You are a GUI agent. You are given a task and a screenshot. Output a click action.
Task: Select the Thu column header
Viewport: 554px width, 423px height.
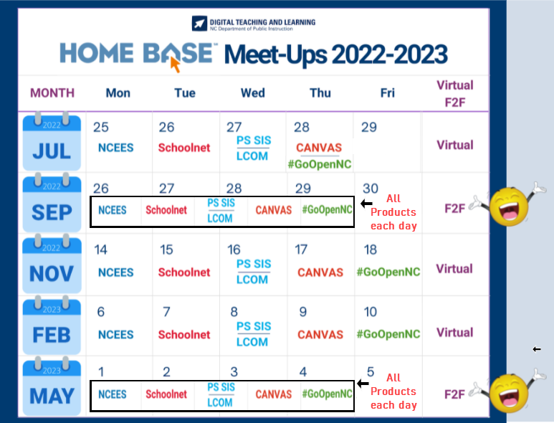coord(320,92)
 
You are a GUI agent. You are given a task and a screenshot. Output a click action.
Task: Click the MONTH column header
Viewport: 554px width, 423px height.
coord(52,92)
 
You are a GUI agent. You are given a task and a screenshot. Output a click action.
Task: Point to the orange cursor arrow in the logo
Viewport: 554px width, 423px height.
coord(175,65)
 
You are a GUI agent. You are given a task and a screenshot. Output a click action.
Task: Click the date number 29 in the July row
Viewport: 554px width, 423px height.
coord(369,127)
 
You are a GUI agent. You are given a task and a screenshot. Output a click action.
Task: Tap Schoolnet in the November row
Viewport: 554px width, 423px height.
coord(184,272)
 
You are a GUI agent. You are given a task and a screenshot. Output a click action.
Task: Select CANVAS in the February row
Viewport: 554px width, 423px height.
coord(320,335)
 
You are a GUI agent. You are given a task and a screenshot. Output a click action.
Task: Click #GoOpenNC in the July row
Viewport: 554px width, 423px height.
coord(320,164)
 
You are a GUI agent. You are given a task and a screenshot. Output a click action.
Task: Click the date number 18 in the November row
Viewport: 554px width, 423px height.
coord(370,249)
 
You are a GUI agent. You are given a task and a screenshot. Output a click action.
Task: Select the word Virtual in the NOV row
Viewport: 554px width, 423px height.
coord(454,269)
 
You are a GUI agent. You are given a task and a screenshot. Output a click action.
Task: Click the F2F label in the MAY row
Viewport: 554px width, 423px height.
coord(454,394)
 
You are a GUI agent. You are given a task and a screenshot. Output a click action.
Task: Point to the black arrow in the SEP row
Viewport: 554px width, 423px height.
coord(366,204)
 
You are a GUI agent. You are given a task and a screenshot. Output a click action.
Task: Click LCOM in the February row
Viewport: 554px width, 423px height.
coord(252,343)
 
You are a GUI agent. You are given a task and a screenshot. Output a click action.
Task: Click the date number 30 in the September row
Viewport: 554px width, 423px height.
coord(370,188)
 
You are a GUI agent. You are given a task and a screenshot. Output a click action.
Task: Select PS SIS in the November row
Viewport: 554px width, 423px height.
coord(252,265)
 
